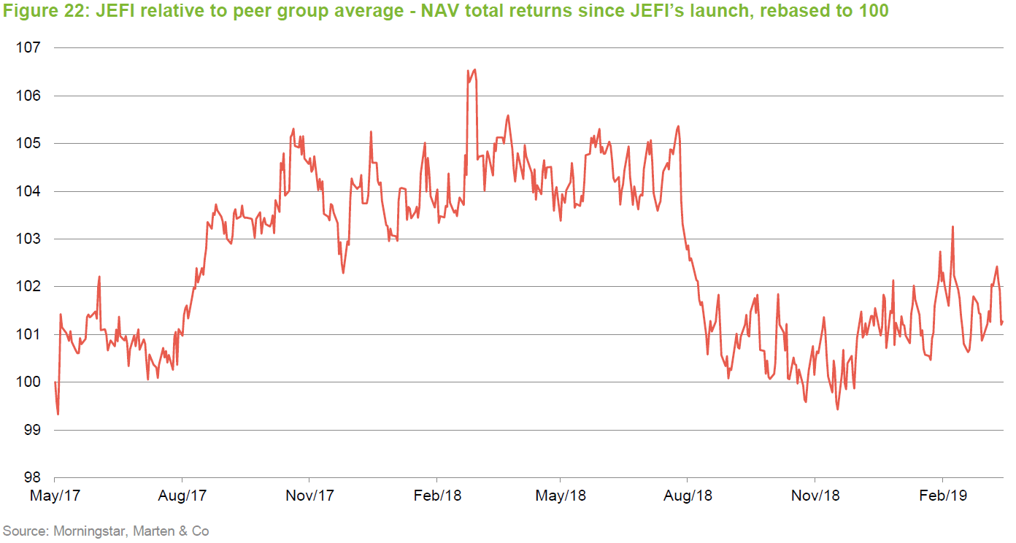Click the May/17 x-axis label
(55, 496)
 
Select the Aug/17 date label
(182, 496)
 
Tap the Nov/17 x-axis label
(309, 496)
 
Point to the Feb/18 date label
(436, 496)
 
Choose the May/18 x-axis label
(561, 496)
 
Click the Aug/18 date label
(688, 496)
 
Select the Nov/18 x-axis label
(815, 496)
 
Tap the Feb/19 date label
(942, 496)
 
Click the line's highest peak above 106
(475, 70)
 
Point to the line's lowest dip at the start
(58, 414)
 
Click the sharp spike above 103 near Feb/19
(953, 227)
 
